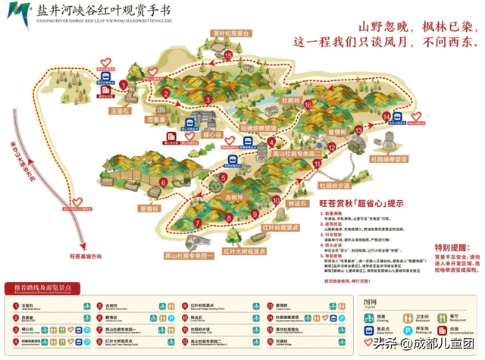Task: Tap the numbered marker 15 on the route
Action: point(228,55)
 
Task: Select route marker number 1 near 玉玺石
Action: point(124,85)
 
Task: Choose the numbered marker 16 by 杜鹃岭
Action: point(308,104)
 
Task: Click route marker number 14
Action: point(386,116)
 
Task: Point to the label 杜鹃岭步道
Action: point(334,185)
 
